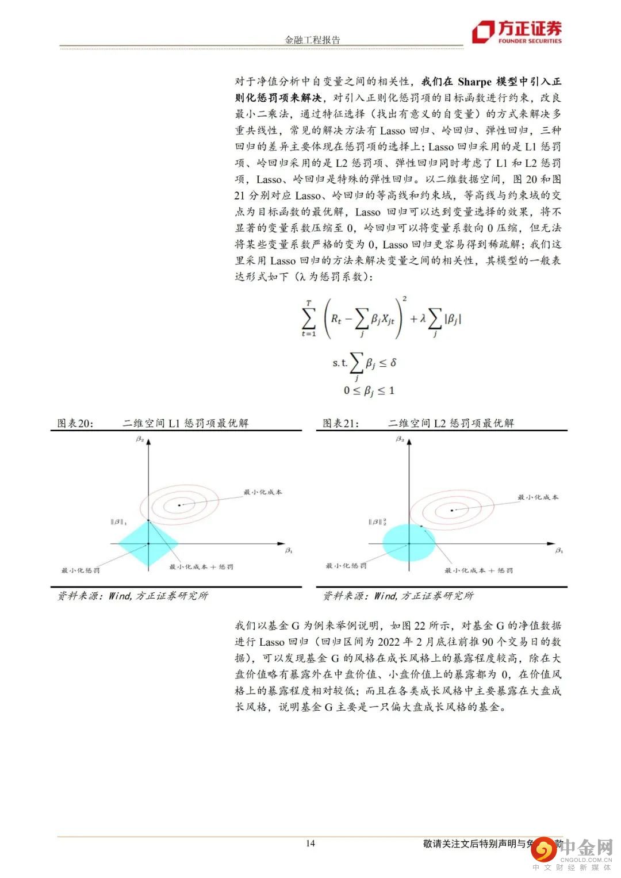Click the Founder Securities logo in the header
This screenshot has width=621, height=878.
[516, 32]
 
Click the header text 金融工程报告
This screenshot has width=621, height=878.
[312, 40]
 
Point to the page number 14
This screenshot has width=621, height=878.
[310, 844]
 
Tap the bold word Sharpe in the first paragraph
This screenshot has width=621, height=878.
[474, 82]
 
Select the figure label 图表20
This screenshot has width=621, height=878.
[75, 423]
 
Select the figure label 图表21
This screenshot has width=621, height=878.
[340, 423]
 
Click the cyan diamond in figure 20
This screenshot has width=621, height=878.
[148, 543]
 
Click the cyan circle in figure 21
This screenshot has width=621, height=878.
[409, 543]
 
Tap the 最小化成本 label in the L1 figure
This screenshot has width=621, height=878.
[263, 492]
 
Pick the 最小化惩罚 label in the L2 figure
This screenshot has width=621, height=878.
[346, 566]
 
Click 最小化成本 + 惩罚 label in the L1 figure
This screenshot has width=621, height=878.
[201, 567]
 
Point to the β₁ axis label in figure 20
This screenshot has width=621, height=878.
[289, 551]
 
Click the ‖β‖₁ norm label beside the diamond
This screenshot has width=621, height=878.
[119, 522]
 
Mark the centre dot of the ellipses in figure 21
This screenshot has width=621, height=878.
[452, 510]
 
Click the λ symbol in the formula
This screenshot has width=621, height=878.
[422, 318]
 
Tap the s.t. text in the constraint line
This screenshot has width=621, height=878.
[340, 363]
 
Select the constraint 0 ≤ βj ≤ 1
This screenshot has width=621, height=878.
[369, 391]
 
